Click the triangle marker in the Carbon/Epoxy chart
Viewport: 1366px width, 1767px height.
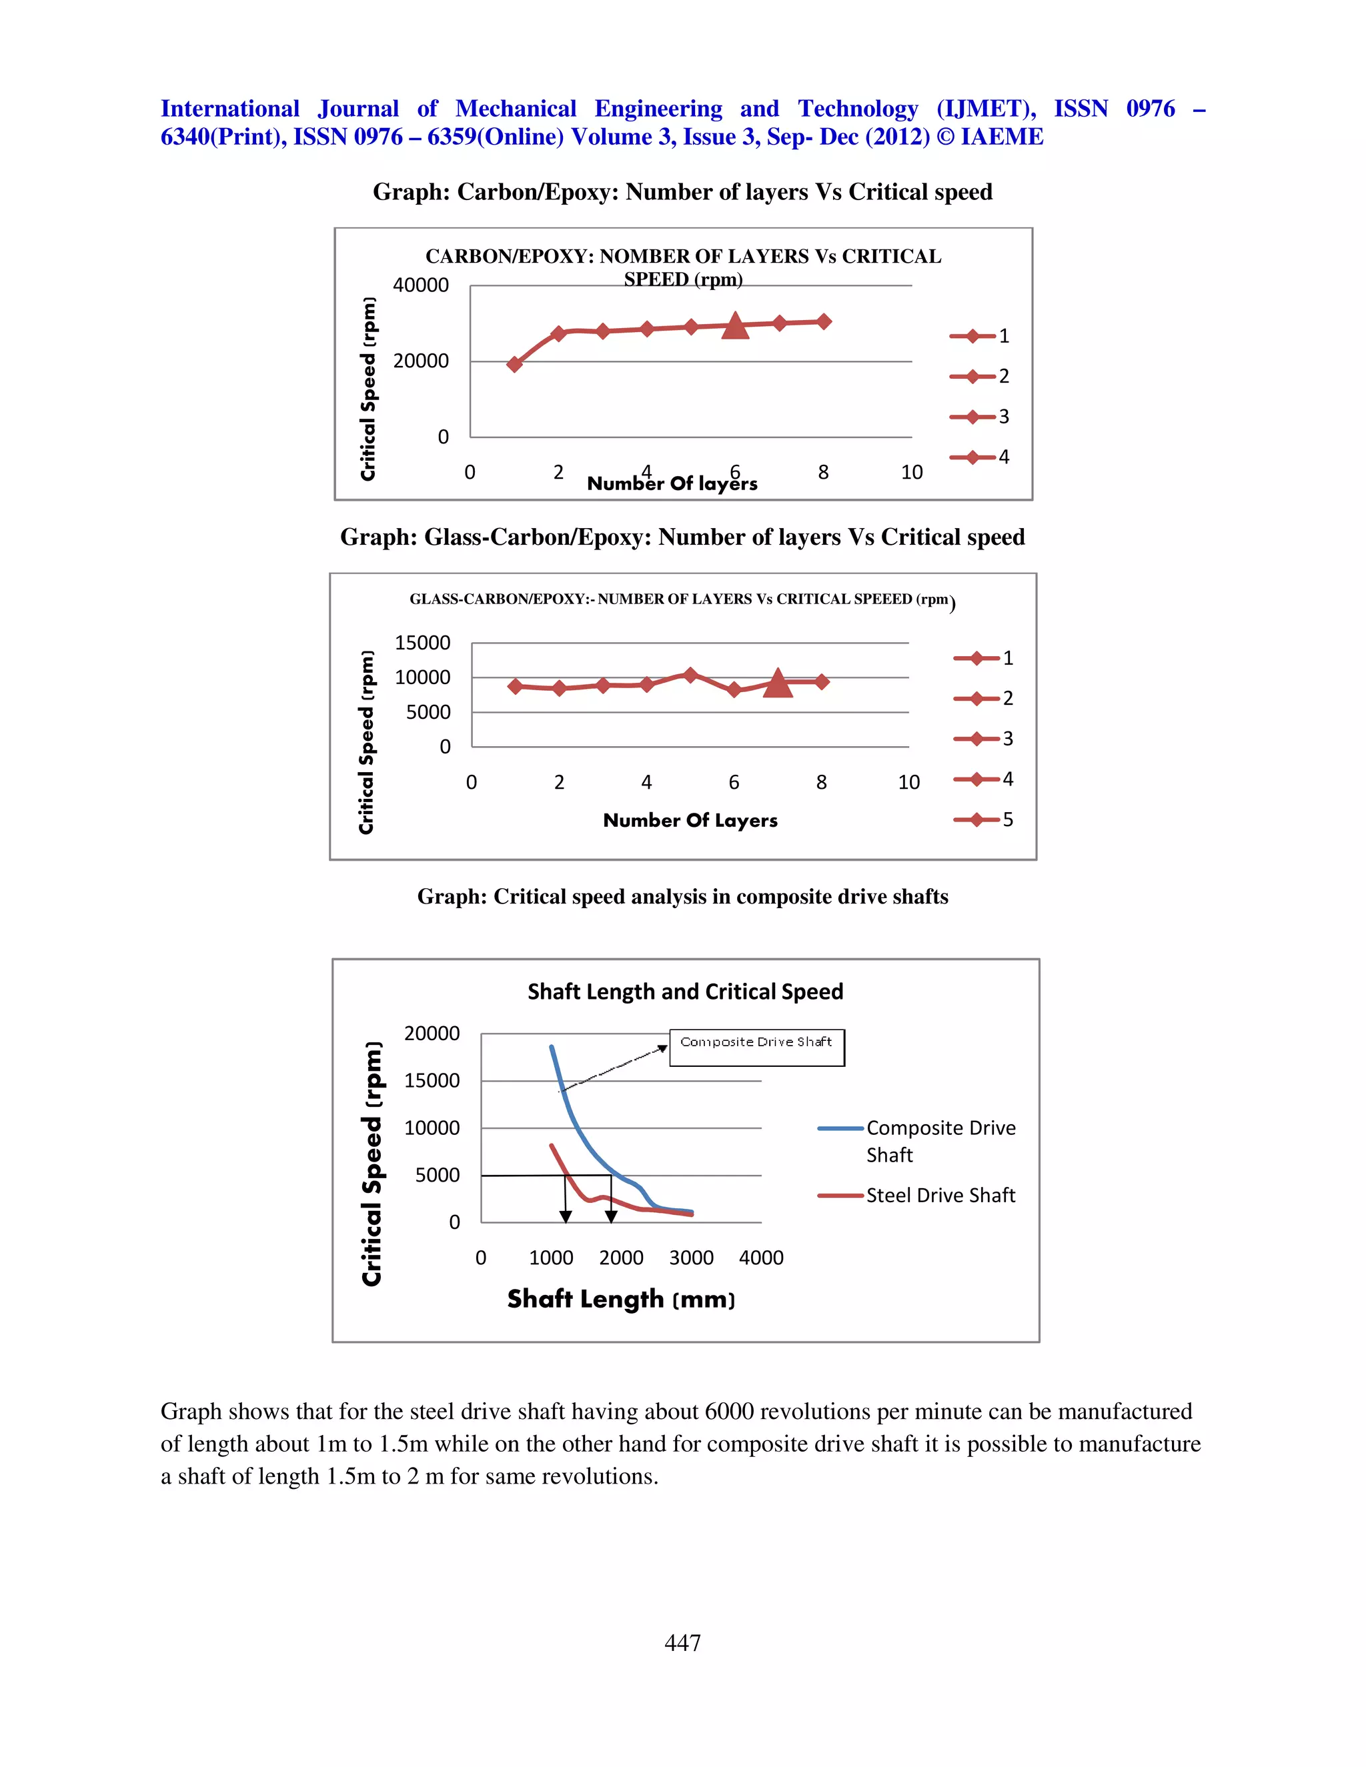coord(735,325)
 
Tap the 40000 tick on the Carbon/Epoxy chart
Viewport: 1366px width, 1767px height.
coord(421,285)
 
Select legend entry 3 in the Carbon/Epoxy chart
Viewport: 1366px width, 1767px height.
coord(980,417)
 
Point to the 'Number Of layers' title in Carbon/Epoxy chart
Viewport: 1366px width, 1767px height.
coord(672,484)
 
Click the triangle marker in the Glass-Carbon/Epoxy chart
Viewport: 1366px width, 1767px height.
coord(778,683)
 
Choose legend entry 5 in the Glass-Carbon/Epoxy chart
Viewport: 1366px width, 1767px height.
coord(984,819)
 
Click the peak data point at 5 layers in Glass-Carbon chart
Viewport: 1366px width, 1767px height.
coord(690,675)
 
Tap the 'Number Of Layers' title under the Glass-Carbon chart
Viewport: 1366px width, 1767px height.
coord(690,820)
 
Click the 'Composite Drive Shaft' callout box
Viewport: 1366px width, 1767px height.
coord(756,1047)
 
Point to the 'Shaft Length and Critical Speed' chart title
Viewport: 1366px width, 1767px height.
coord(686,992)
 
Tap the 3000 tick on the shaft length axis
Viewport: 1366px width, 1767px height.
coord(691,1258)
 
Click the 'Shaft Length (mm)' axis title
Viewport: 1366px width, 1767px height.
coord(621,1300)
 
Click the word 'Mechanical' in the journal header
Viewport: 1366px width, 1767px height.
coord(516,109)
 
